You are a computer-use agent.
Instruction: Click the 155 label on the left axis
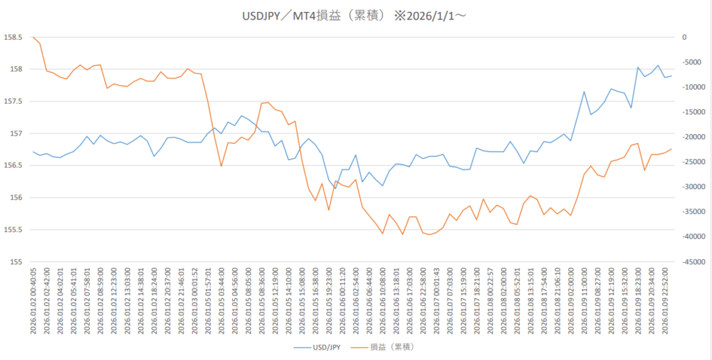point(17,262)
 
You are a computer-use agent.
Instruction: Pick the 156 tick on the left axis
point(17,197)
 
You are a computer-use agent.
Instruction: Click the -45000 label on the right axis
point(690,262)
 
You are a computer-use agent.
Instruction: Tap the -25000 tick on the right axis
point(690,162)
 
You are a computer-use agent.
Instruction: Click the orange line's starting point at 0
point(33,37)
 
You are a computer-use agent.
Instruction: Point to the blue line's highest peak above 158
point(658,65)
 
